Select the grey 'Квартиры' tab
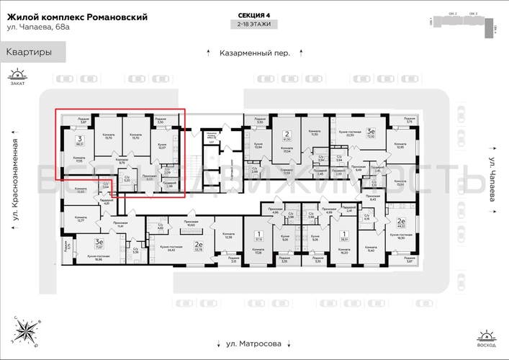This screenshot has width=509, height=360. tap(29, 52)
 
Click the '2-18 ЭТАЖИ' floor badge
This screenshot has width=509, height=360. tap(255, 25)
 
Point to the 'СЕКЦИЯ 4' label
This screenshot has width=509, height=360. tap(255, 15)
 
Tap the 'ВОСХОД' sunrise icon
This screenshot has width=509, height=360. tap(486, 338)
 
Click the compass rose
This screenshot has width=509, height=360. tap(30, 331)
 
